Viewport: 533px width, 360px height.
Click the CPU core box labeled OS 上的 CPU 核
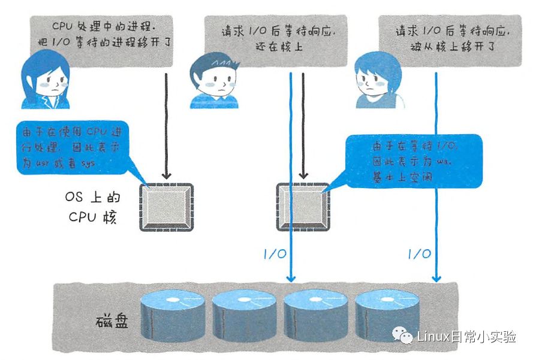165,207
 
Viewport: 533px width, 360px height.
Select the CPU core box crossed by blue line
302,207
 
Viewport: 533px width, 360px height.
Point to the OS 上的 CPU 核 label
91,207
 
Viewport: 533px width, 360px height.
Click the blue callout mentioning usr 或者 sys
75,147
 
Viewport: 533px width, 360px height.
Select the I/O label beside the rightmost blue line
418,253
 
